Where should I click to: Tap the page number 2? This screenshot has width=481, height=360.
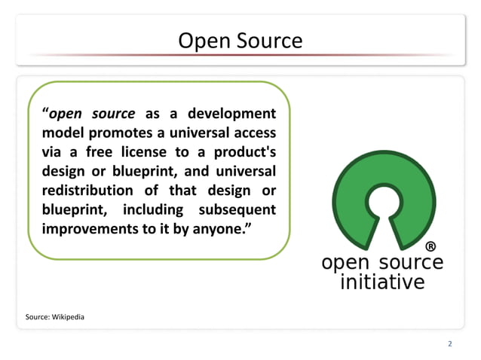point(450,344)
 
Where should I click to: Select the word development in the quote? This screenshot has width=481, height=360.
point(231,114)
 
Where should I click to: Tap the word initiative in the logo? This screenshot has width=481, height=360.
point(382,282)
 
